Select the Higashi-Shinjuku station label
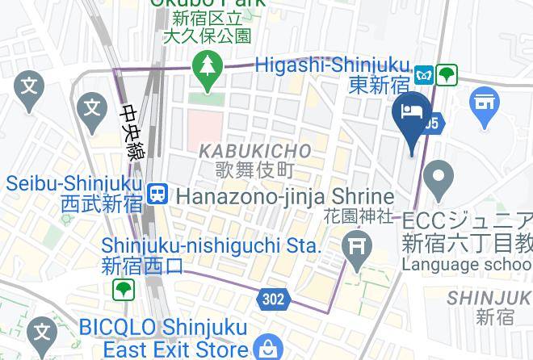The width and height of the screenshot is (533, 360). pyautogui.click(x=333, y=65)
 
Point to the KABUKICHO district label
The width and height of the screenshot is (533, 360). pyautogui.click(x=254, y=151)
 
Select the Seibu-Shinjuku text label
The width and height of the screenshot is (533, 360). pyautogui.click(x=74, y=184)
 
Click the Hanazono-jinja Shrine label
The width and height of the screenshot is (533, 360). pyautogui.click(x=285, y=195)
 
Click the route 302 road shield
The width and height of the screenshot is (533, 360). pyautogui.click(x=273, y=299)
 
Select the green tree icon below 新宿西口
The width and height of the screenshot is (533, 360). pyautogui.click(x=123, y=289)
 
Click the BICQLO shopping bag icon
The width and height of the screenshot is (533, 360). pyautogui.click(x=265, y=349)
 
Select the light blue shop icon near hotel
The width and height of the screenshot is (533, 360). pyautogui.click(x=485, y=104)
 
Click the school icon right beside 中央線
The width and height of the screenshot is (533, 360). pyautogui.click(x=92, y=107)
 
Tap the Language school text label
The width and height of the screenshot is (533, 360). pyautogui.click(x=467, y=264)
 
